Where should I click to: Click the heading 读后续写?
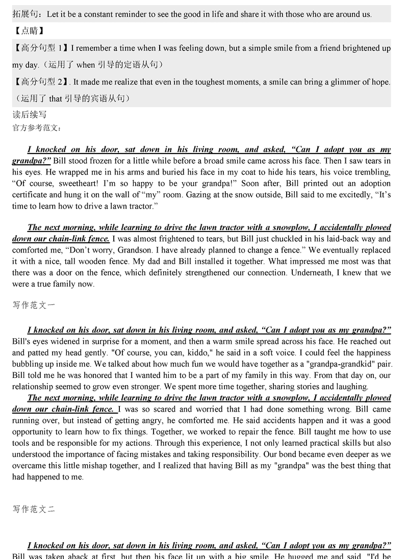pyautogui.click(x=30, y=115)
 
